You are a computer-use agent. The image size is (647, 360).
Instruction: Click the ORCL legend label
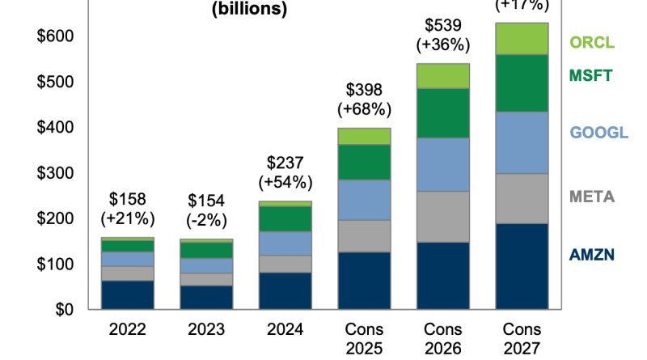tap(593, 42)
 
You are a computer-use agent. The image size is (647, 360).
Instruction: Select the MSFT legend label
tap(592, 76)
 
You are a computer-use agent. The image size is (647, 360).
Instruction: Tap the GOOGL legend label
tap(599, 133)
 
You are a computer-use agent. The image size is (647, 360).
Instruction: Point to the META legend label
tap(593, 197)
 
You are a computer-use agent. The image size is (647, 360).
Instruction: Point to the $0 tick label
tap(64, 310)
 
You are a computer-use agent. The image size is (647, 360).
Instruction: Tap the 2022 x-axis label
tap(127, 329)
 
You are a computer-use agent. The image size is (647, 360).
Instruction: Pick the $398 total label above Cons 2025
tap(364, 90)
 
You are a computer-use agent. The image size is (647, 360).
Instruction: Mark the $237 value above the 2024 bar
tap(285, 163)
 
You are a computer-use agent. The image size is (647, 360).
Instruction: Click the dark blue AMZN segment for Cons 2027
tap(522, 266)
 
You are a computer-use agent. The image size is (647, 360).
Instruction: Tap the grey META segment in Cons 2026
tap(443, 217)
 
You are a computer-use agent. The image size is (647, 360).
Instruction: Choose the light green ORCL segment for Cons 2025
tap(364, 137)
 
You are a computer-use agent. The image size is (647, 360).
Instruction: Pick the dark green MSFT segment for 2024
tap(285, 218)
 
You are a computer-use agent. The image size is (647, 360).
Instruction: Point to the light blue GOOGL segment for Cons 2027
tap(522, 142)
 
